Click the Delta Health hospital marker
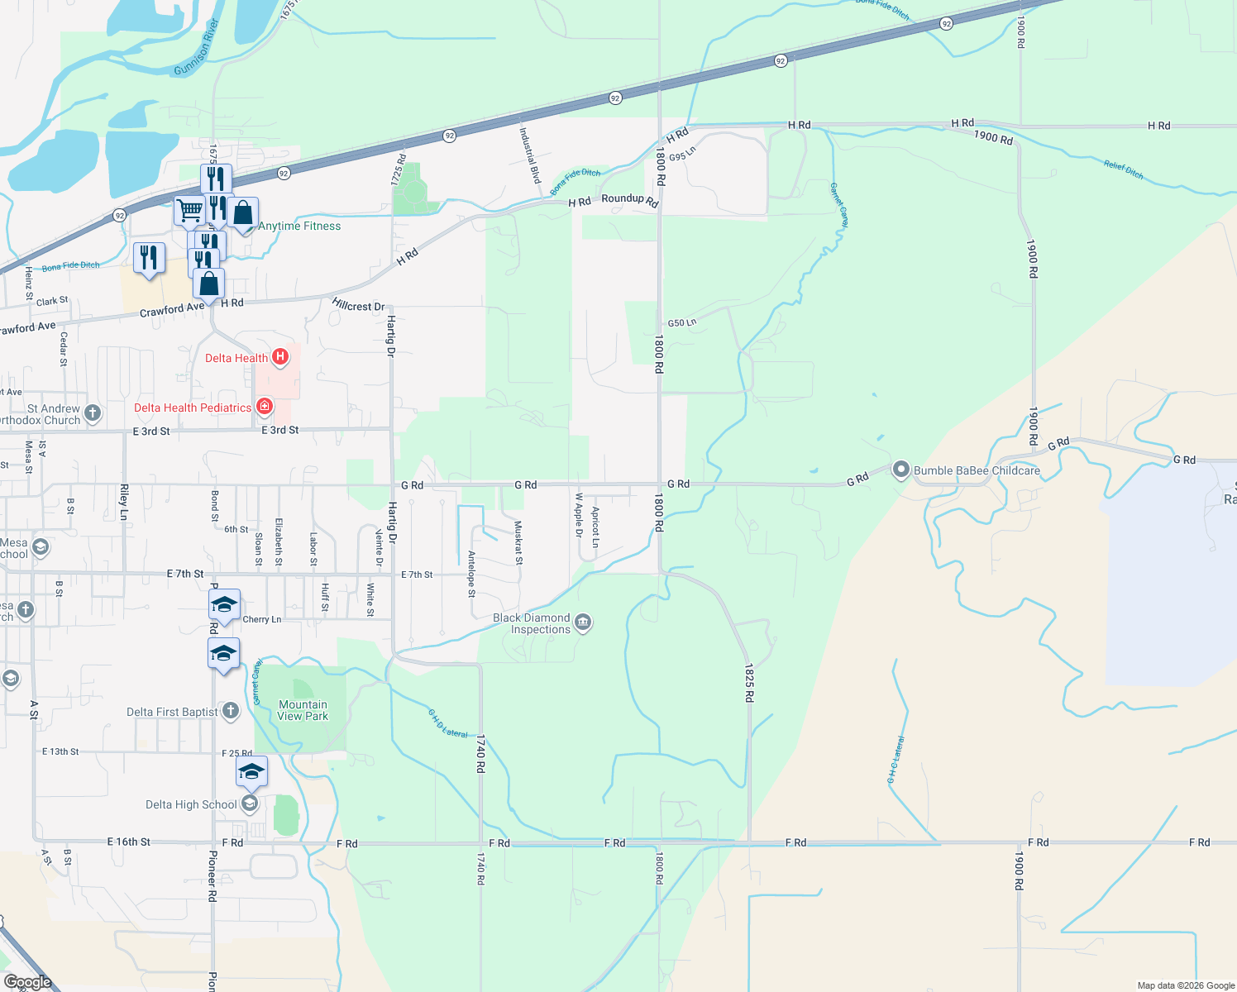pyautogui.click(x=280, y=357)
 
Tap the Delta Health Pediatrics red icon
pyautogui.click(x=265, y=407)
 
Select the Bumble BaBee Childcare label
pyautogui.click(x=977, y=470)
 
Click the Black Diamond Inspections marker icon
pyautogui.click(x=583, y=622)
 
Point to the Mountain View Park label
pyautogui.click(x=303, y=710)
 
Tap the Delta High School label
pyautogui.click(x=191, y=804)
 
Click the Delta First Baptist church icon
pyautogui.click(x=231, y=710)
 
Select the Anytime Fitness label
pyautogui.click(x=299, y=226)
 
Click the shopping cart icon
pyautogui.click(x=189, y=211)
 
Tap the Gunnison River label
pyautogui.click(x=196, y=48)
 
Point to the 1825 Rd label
pyautogui.click(x=748, y=683)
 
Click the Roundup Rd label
pyautogui.click(x=630, y=199)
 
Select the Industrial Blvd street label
pyautogui.click(x=529, y=155)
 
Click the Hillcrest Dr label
pyautogui.click(x=358, y=305)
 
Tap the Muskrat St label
pyautogui.click(x=518, y=542)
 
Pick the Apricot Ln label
pyautogui.click(x=595, y=527)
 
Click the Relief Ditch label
pyautogui.click(x=1123, y=170)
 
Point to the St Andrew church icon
pyautogui.click(x=93, y=413)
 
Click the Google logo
pyautogui.click(x=27, y=982)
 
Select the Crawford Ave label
pyautogui.click(x=171, y=310)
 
